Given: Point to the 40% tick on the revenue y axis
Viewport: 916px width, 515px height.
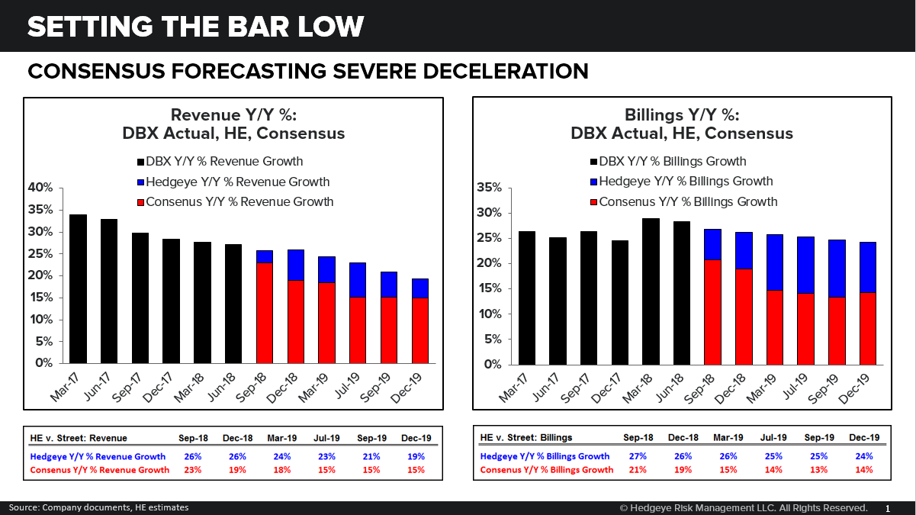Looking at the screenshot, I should [41, 188].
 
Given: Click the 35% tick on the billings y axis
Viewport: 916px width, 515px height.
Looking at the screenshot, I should [490, 188].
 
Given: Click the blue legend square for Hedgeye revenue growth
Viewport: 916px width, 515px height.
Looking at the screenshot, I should [140, 182].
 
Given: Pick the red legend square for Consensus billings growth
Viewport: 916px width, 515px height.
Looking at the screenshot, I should [593, 202].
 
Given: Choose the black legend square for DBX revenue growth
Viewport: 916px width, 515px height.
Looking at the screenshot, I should [140, 162].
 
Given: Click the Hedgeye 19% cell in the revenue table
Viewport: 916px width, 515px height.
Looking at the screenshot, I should [416, 455].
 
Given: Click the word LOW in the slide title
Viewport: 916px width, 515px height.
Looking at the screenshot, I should [323, 27].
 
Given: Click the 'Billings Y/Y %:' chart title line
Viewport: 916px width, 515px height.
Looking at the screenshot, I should [682, 115].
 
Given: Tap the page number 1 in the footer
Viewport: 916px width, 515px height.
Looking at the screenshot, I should [887, 508].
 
